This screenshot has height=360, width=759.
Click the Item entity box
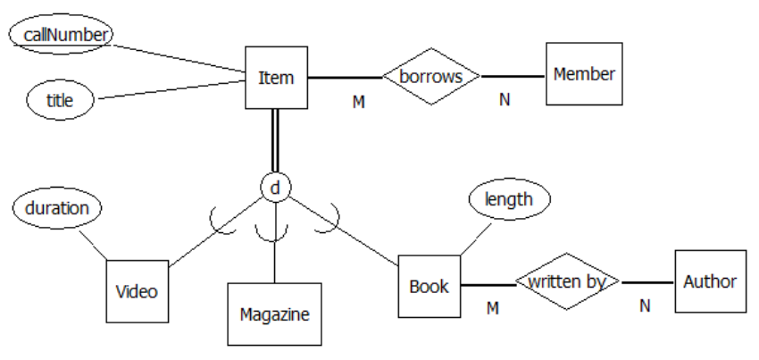coord(276,78)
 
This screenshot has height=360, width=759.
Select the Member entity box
coord(584,74)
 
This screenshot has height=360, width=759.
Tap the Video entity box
coord(137,291)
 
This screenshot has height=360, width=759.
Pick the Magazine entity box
coord(274,314)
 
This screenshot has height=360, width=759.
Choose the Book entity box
coord(429,287)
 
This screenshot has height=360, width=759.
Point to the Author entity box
coord(709,281)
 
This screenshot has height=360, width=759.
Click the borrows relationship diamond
coord(431,76)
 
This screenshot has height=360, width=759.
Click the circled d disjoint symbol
coord(276,188)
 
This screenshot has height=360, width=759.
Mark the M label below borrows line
coord(359,102)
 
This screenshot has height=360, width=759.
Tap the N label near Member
coord(505,99)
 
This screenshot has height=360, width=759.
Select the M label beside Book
coord(491,308)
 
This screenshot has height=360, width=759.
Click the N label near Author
coord(645,306)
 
